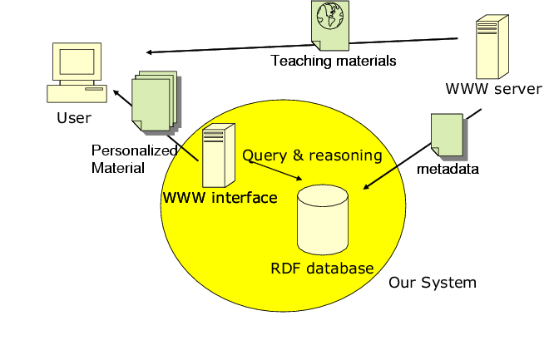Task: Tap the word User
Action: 73,118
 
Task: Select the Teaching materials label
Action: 334,61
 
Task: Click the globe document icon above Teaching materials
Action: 329,25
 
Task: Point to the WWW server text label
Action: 493,89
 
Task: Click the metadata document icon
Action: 447,135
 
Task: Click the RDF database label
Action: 322,269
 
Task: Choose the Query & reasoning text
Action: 312,155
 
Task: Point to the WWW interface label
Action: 220,198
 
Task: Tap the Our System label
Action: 433,283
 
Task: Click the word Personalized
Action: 135,150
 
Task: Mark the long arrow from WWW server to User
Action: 299,46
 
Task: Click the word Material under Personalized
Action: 118,167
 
